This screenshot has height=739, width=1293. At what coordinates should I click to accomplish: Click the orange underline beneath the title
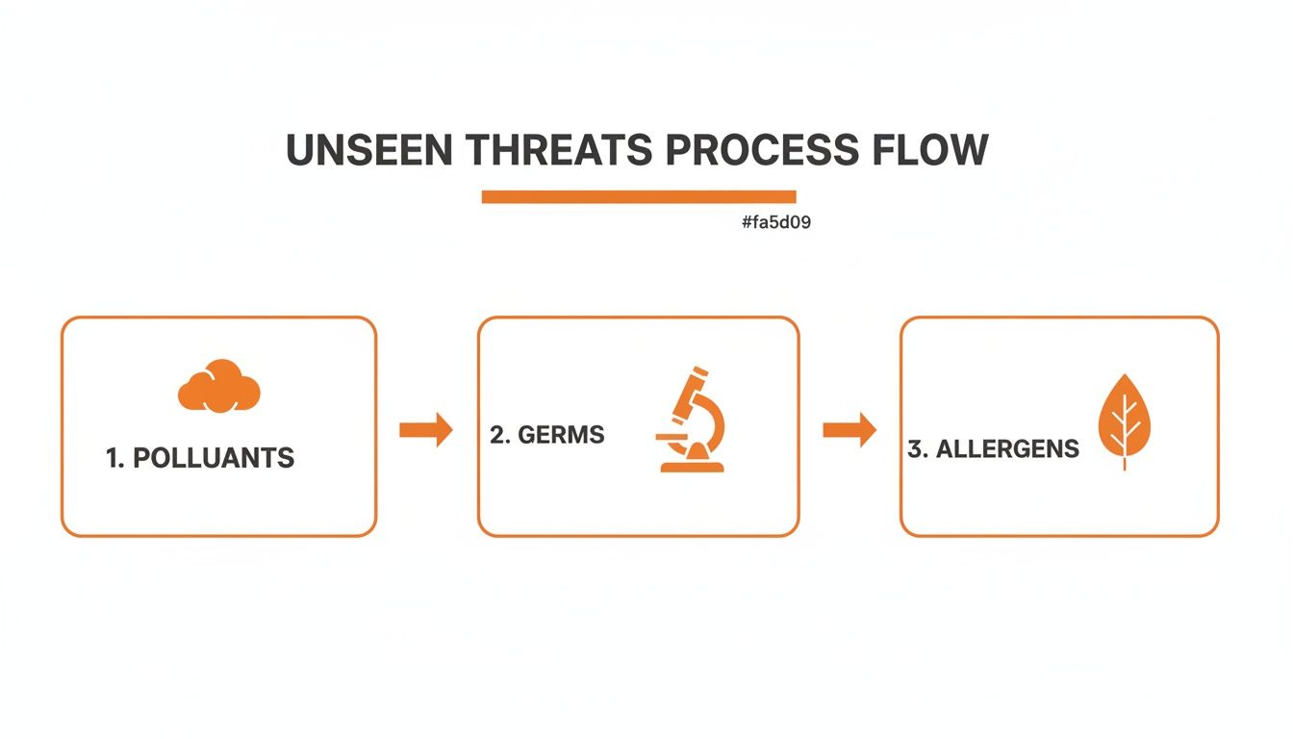click(638, 197)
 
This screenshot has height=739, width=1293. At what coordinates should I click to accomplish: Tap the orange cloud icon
click(219, 387)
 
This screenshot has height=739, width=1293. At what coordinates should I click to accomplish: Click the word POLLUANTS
click(214, 458)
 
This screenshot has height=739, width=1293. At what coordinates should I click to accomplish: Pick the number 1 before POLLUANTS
click(113, 458)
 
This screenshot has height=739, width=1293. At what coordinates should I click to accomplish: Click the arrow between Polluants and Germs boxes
click(425, 429)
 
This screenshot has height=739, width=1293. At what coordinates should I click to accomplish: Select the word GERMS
click(561, 435)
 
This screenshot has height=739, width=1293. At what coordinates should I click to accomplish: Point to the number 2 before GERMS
click(497, 435)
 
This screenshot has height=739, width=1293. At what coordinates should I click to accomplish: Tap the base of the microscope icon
click(692, 467)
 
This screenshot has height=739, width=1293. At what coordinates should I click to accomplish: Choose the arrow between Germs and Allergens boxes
click(849, 429)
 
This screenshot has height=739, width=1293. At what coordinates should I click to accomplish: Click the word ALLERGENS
click(1007, 449)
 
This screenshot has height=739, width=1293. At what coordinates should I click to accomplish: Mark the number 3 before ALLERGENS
click(915, 449)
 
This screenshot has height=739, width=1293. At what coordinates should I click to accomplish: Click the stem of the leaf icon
click(1125, 462)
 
